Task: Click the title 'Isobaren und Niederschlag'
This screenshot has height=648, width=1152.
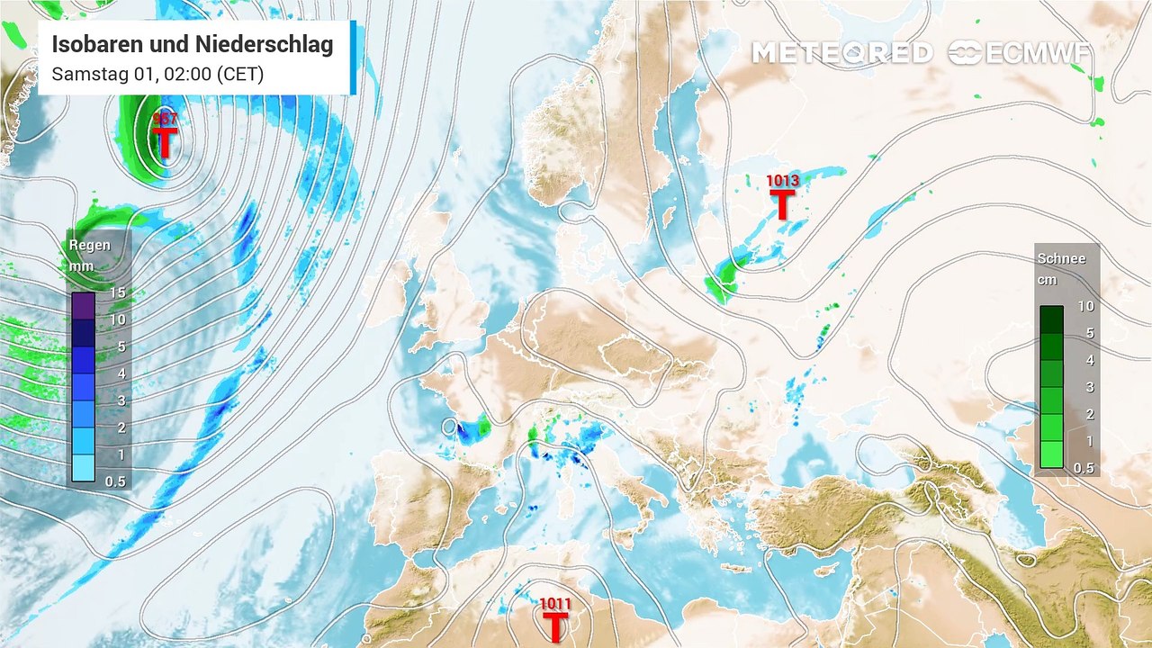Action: point(192,44)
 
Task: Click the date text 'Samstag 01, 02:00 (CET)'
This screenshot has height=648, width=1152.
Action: point(157,75)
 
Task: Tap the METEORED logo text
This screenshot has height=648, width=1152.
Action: point(841,53)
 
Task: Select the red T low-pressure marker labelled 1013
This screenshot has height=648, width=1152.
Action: point(782,205)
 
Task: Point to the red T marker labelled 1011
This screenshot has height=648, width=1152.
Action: point(555,626)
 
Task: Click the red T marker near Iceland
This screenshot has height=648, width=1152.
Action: point(165,142)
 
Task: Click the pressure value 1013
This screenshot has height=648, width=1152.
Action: point(782,181)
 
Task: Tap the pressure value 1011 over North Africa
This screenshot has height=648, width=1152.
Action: point(555,603)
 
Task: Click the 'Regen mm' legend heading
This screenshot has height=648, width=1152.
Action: point(90,255)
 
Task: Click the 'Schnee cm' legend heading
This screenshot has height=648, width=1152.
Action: point(1061,268)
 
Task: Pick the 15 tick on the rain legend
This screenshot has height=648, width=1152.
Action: point(116,292)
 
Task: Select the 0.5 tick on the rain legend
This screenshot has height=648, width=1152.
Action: point(115,481)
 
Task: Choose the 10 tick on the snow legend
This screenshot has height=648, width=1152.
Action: point(1085,306)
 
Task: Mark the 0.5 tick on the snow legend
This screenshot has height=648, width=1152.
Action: point(1084,468)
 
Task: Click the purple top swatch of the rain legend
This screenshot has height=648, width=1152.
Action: point(83,306)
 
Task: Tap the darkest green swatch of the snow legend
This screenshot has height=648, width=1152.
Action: point(1050,319)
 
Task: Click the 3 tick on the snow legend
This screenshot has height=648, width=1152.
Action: point(1085,387)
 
